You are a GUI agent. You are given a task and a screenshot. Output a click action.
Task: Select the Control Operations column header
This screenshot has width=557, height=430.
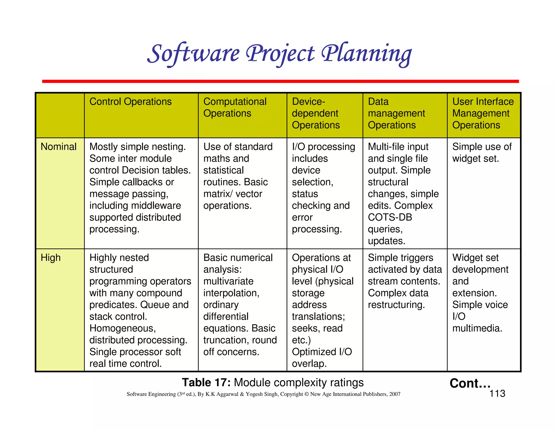(x=130, y=102)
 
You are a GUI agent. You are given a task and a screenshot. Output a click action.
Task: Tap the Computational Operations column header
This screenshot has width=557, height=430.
(x=234, y=107)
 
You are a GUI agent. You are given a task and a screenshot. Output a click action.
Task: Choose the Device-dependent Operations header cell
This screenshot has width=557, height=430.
(x=315, y=113)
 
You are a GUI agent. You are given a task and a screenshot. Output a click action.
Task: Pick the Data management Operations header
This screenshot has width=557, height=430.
(x=396, y=113)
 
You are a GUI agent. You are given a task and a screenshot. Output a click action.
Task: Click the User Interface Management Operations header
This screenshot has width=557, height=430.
(x=483, y=113)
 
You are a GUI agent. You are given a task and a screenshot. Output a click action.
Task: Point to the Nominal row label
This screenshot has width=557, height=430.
(x=58, y=147)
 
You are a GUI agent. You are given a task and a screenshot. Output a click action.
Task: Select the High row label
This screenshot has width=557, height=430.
(x=51, y=258)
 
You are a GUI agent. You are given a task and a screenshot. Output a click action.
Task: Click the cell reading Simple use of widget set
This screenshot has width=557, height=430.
(x=482, y=153)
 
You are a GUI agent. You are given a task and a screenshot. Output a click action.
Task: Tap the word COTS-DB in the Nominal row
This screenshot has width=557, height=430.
(x=390, y=217)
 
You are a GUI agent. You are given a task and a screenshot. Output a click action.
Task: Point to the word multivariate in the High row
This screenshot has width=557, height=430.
(x=228, y=281)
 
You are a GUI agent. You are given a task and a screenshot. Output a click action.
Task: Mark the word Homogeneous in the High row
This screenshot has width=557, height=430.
(x=122, y=328)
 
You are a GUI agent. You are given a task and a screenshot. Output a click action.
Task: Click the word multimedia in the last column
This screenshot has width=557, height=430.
(x=477, y=328)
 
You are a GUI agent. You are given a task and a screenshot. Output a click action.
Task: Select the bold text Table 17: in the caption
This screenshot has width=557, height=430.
(x=206, y=382)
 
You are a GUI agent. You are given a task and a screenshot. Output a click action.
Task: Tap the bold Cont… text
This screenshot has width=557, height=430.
(x=470, y=383)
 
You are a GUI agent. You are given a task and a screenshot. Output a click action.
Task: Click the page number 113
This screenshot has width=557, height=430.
(x=497, y=394)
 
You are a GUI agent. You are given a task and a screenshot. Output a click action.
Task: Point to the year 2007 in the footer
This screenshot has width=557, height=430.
(x=394, y=394)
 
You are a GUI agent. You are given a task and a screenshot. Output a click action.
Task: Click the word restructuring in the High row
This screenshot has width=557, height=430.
(x=396, y=305)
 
